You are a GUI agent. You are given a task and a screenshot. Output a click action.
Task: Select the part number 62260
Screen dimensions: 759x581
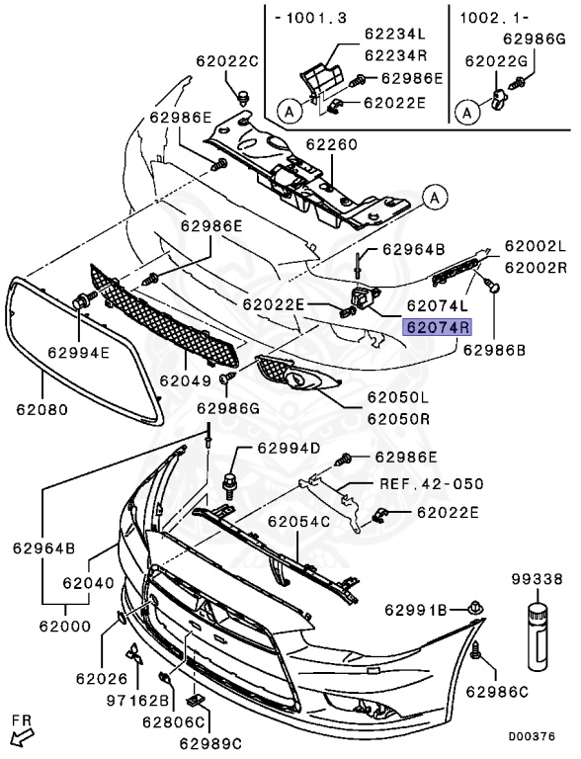331,144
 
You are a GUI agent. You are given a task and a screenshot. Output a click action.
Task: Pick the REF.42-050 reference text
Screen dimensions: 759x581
432,484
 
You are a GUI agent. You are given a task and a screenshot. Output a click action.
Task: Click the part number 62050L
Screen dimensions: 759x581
398,397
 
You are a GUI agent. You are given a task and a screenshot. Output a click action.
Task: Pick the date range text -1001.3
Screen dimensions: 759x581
301,18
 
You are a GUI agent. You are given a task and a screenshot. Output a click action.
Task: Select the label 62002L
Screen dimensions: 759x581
536,245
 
